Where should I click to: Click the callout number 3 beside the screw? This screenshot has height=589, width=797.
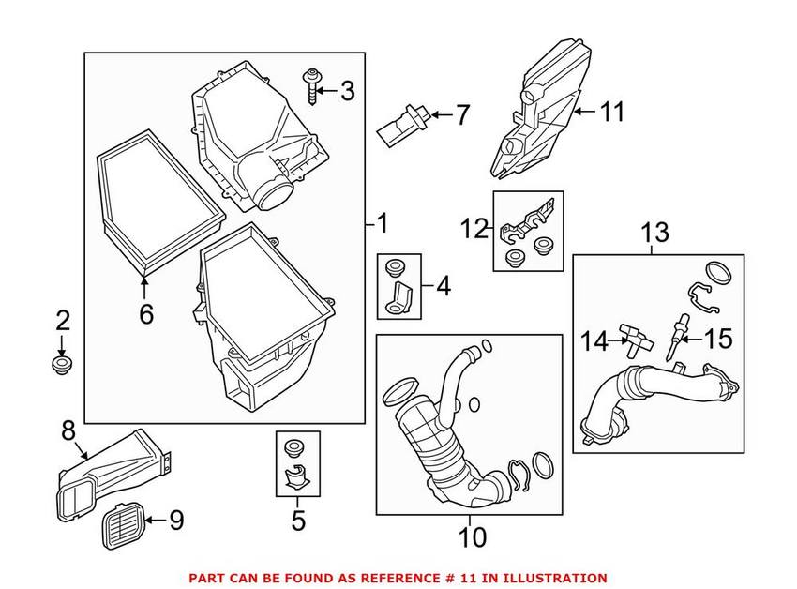pos(348,91)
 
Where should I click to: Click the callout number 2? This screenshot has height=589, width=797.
pos(63,322)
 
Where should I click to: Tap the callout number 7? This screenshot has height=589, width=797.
pos(461,115)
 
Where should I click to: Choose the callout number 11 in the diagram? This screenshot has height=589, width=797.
pos(610,113)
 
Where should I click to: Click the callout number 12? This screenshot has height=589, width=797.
pos(474,227)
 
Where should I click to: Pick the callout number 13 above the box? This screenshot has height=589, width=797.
pos(655,231)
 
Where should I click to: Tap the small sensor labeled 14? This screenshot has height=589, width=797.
pos(630,339)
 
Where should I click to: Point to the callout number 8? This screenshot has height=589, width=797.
pos(68,433)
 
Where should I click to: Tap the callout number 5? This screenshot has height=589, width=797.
pos(298,519)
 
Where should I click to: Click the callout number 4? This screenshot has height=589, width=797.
pos(443,286)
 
